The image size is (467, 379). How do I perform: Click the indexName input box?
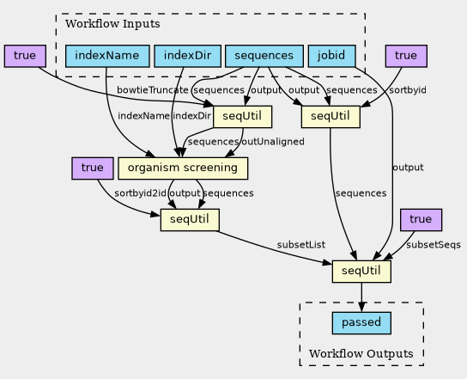pyautogui.click(x=107, y=56)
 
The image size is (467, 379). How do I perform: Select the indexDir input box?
pyautogui.click(x=188, y=56)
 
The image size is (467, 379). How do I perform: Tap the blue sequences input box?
pyautogui.click(x=264, y=56)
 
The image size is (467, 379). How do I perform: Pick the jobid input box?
pyautogui.click(x=331, y=56)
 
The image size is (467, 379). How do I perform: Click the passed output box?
pyautogui.click(x=361, y=323)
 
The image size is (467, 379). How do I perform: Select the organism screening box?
pyautogui.click(x=183, y=168)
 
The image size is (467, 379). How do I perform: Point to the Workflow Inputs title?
pyautogui.click(x=112, y=24)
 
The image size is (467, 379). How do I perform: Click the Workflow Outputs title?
pyautogui.click(x=361, y=354)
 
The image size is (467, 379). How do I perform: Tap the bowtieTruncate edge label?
pyautogui.click(x=153, y=90)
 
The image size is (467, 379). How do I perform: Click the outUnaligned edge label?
pyautogui.click(x=273, y=142)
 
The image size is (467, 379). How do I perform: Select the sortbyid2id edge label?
pyautogui.click(x=140, y=193)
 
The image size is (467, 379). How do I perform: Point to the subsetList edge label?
pyautogui.click(x=301, y=245)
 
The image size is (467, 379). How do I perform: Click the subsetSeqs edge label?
pyautogui.click(x=434, y=245)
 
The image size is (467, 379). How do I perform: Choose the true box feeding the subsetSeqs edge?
pyautogui.click(x=422, y=220)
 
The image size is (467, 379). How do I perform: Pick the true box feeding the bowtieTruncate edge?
pyautogui.click(x=25, y=56)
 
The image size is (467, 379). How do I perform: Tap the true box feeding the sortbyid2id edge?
pyautogui.click(x=93, y=168)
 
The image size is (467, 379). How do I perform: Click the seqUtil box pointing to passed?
pyautogui.click(x=361, y=272)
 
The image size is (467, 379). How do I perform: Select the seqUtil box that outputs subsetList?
pyautogui.click(x=190, y=220)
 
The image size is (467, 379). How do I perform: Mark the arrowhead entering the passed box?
pyautogui.click(x=361, y=308)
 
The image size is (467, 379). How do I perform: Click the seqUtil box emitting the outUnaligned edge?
pyautogui.click(x=242, y=117)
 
